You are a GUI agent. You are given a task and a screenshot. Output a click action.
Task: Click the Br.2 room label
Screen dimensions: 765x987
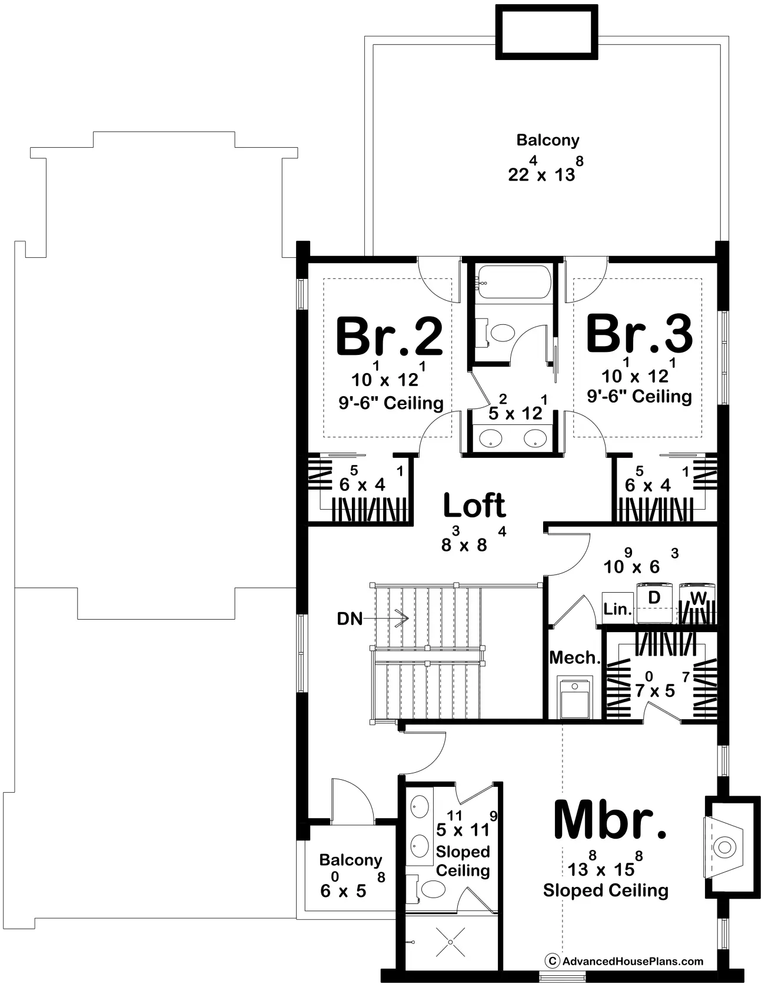point(389,337)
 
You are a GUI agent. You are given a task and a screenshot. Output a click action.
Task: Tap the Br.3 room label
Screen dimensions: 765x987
point(639,334)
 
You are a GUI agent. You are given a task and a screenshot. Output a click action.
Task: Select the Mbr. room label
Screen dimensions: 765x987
point(611,821)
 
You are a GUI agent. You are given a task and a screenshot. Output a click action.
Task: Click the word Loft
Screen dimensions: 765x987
point(474,505)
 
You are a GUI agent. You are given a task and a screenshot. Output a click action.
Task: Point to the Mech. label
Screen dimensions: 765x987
point(574,657)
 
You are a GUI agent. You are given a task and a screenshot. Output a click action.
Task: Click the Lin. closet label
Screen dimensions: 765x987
point(617,610)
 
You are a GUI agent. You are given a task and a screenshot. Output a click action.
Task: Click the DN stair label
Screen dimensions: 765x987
point(350,619)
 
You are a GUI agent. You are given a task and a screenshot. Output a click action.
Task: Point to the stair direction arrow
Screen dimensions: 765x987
point(387,619)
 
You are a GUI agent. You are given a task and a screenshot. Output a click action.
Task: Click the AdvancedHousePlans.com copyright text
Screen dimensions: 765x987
point(626,961)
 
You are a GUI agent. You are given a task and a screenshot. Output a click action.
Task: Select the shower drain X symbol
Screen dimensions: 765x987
point(451,943)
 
